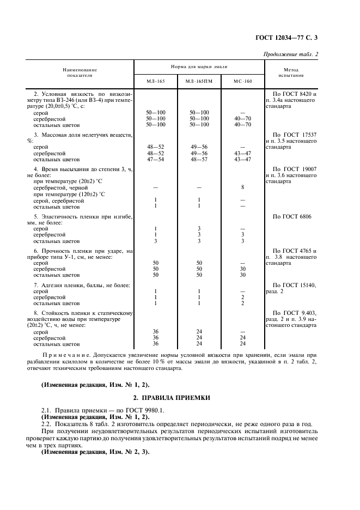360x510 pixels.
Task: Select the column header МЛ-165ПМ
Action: pos(199,81)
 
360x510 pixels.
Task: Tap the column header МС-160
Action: pos(242,81)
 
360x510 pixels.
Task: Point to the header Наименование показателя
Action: pos(80,72)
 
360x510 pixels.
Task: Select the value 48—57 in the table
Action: pos(199,159)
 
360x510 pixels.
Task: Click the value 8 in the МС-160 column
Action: pos(242,187)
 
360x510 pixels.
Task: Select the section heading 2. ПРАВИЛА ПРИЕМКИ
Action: pos(180,397)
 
